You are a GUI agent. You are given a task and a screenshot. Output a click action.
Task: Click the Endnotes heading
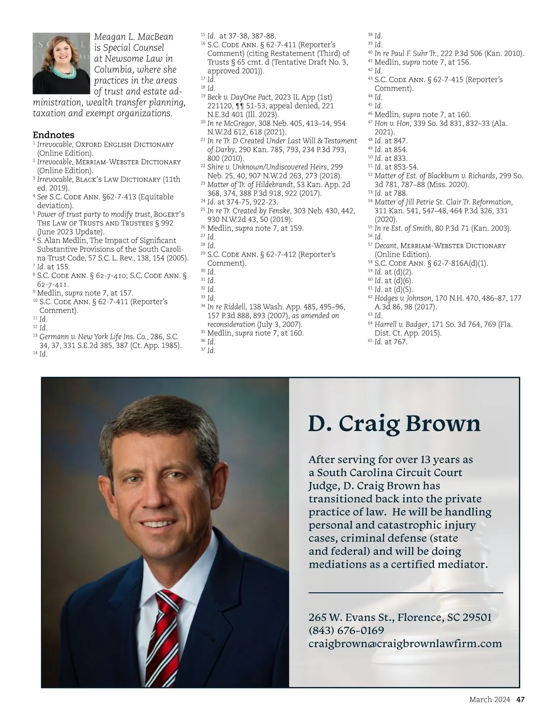[x=53, y=135]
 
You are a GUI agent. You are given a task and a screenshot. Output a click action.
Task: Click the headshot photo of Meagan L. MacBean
[x=61, y=64]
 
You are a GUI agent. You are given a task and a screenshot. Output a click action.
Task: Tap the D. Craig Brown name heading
[x=394, y=423]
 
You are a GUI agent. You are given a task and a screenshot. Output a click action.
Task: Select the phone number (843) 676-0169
[x=346, y=630]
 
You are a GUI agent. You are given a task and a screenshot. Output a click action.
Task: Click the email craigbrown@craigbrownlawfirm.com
[x=405, y=643]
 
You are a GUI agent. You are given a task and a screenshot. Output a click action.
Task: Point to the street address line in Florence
[x=400, y=617]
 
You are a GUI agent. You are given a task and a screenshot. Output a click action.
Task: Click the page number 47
[x=520, y=699]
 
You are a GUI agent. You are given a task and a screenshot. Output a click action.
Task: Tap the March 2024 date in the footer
[x=489, y=699]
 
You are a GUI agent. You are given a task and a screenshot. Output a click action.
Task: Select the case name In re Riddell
[x=226, y=307]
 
